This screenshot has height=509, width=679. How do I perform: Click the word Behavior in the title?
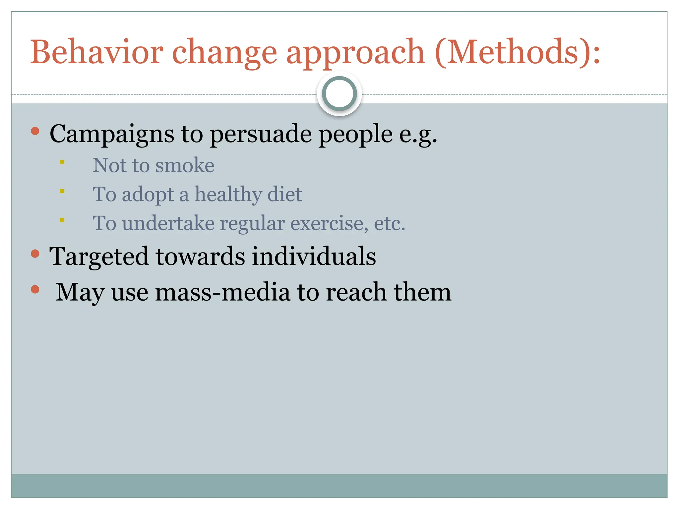(x=96, y=52)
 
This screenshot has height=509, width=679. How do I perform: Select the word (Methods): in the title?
(x=518, y=52)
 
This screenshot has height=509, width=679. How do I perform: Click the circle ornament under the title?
(x=339, y=94)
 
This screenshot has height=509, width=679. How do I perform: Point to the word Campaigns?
(x=112, y=134)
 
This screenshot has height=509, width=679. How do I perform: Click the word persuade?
(x=261, y=134)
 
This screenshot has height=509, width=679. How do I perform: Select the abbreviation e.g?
(x=418, y=134)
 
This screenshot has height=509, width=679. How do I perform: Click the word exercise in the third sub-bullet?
(x=329, y=223)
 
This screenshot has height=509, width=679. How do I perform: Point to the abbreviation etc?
(x=390, y=223)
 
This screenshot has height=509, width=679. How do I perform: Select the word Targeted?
(x=99, y=257)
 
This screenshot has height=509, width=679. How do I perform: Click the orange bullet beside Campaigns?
(x=35, y=131)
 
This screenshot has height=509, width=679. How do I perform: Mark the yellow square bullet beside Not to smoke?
(x=62, y=162)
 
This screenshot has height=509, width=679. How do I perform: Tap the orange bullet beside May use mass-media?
(x=35, y=289)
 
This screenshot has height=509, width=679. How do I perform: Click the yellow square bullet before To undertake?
(x=62, y=220)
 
